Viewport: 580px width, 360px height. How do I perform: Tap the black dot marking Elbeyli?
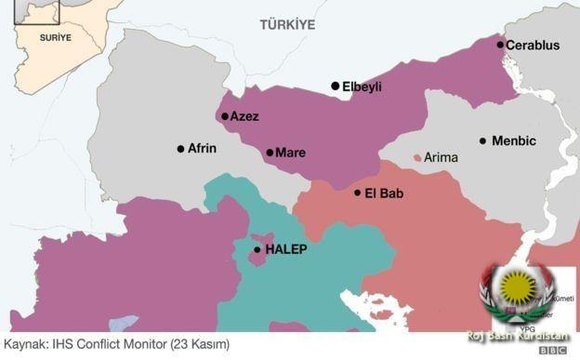(x=336, y=86)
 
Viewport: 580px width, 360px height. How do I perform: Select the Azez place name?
(x=244, y=117)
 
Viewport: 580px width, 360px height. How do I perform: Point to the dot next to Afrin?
(x=180, y=149)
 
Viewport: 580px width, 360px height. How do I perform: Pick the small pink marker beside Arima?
(x=417, y=157)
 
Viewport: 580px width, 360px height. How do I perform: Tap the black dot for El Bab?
(x=358, y=193)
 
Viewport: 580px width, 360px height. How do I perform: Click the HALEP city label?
(x=285, y=250)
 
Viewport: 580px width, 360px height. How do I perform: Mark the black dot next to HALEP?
(x=257, y=249)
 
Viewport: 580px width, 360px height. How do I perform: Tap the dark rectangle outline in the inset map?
(x=43, y=11)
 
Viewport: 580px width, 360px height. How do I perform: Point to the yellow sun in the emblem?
(x=514, y=285)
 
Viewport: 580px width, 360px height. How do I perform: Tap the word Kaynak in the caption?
(x=25, y=344)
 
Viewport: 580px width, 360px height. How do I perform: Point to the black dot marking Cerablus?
(x=500, y=45)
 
